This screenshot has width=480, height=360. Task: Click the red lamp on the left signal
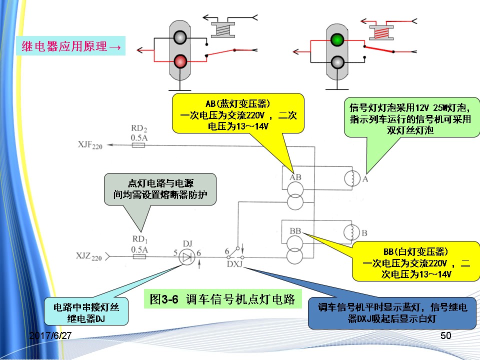point(180,61)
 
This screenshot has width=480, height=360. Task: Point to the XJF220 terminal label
point(90,145)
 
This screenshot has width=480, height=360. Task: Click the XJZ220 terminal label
point(89,257)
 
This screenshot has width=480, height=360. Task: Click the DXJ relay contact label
point(234,264)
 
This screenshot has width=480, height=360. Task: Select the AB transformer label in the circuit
point(295,177)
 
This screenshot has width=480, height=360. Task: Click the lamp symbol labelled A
point(351,177)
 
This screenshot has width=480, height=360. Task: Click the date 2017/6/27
point(50,335)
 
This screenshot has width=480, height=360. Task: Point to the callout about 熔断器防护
point(159,189)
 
